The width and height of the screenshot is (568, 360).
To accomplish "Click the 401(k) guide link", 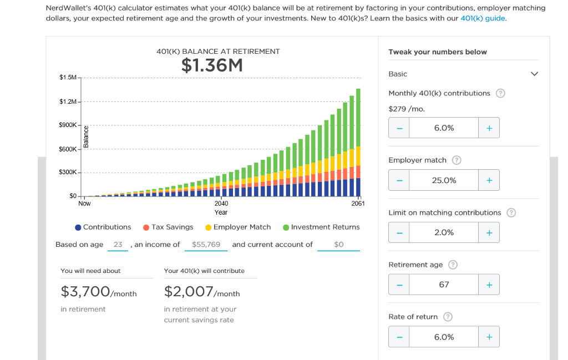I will (483, 18).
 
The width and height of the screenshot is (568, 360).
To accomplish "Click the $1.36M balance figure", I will (212, 66).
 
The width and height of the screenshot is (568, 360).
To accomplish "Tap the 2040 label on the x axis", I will (221, 204).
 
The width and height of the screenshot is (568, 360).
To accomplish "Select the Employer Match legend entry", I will (238, 227).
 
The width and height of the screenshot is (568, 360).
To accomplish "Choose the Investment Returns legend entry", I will (321, 227).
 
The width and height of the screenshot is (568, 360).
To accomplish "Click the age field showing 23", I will (118, 245).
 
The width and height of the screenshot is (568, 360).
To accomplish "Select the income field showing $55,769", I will (206, 245).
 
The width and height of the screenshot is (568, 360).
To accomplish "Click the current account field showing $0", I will (339, 245).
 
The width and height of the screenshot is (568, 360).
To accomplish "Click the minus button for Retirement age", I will (399, 285).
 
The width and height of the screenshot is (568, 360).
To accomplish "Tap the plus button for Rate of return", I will (489, 337).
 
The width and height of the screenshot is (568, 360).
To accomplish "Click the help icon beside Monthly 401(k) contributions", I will (500, 93).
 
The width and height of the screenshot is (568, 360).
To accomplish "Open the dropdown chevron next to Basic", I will (534, 74).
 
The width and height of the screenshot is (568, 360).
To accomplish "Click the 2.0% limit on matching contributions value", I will (444, 232).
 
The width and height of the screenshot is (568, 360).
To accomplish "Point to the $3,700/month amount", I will (99, 292).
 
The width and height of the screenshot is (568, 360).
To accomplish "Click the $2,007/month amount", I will (202, 292).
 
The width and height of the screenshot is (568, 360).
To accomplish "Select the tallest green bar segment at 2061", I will (358, 116).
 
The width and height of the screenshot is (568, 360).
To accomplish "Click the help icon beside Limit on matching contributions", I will (511, 213).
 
